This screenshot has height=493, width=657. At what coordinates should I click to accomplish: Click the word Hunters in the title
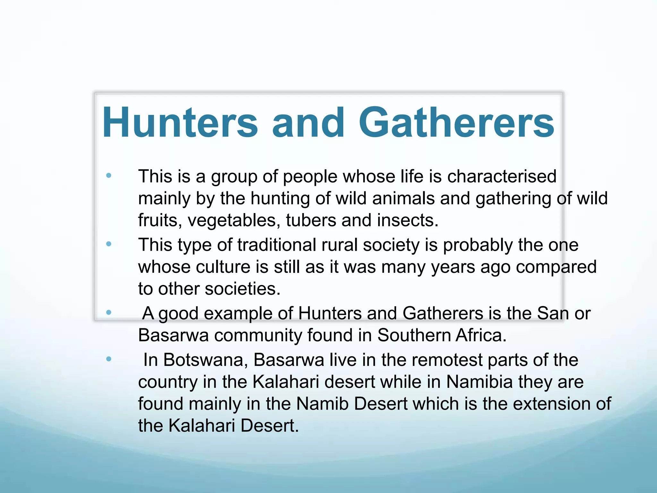[180, 123]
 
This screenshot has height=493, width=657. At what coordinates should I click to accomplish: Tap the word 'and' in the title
[308, 123]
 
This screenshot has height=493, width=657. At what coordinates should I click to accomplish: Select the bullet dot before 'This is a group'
[109, 176]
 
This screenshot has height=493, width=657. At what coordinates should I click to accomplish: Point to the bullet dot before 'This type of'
[109, 244]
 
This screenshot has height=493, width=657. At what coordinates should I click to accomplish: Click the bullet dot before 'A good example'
[109, 312]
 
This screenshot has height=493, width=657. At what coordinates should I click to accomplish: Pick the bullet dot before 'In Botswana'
[109, 359]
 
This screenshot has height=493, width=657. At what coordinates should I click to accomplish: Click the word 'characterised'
[502, 177]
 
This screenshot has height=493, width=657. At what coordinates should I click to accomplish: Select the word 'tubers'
[311, 221]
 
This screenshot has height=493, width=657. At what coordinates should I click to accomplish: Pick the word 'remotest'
[447, 360]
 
